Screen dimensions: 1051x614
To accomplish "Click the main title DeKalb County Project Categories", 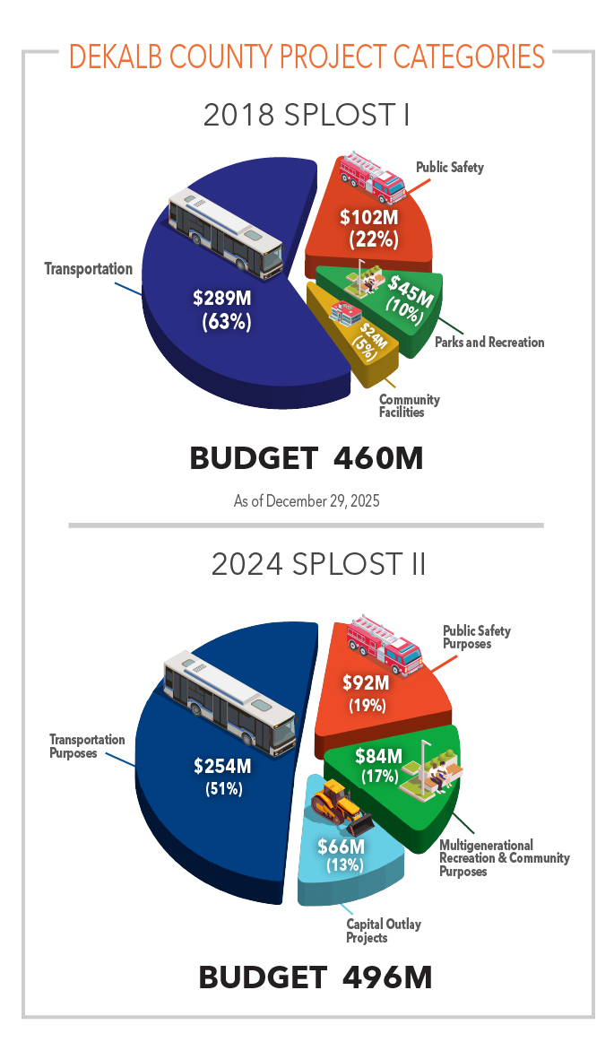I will (x=307, y=56).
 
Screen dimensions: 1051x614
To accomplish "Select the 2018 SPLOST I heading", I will (x=307, y=116).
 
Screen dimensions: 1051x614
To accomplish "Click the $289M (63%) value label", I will (x=224, y=309).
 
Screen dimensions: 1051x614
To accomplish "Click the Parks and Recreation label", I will (x=489, y=342).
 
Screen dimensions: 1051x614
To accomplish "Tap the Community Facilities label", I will (x=409, y=406).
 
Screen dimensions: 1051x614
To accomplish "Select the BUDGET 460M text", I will (x=307, y=458).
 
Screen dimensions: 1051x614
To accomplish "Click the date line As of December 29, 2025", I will (x=307, y=500).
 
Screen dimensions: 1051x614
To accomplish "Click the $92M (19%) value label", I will (x=367, y=692).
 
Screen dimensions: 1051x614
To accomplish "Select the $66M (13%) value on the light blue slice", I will (x=342, y=856).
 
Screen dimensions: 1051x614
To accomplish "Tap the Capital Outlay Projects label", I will (x=383, y=931).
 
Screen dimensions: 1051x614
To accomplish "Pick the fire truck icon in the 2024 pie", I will (x=385, y=643).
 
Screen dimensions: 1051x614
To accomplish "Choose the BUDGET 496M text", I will (x=316, y=977).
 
